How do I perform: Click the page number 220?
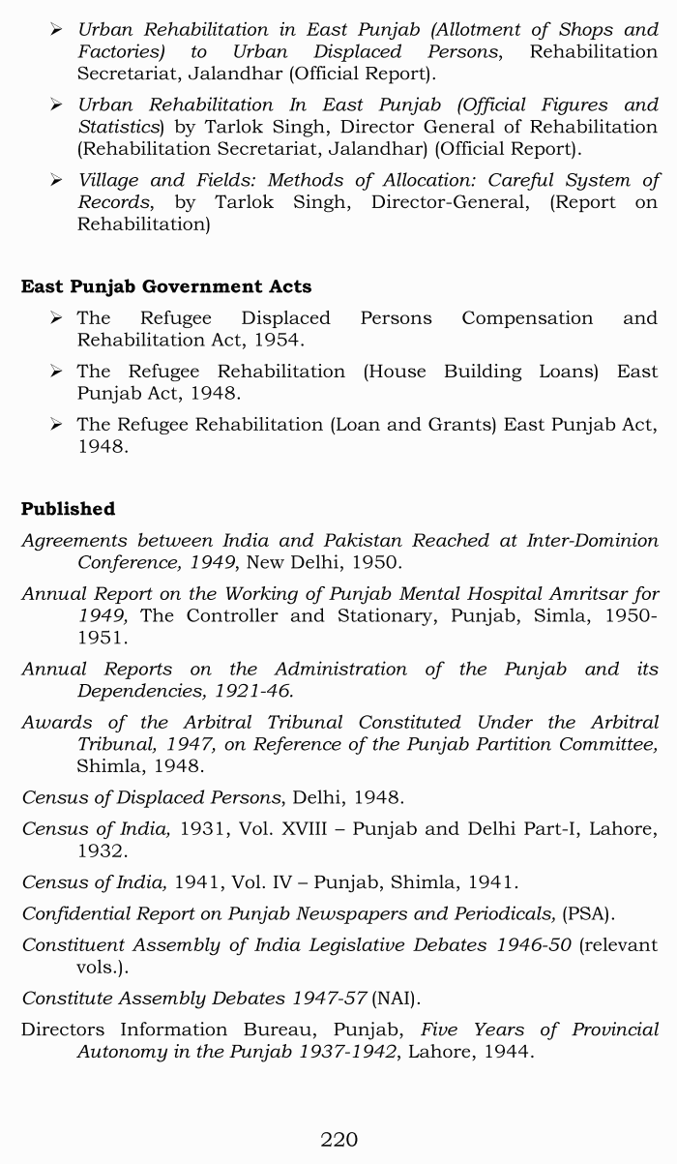pyautogui.click(x=338, y=1139)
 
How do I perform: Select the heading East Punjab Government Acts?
pyautogui.click(x=166, y=286)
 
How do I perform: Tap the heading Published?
pyautogui.click(x=68, y=509)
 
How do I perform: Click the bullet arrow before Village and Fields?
pyautogui.click(x=57, y=180)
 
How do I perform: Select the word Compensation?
pyautogui.click(x=527, y=318)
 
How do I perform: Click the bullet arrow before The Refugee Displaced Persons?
pyautogui.click(x=57, y=318)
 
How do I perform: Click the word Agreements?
pyautogui.click(x=74, y=541)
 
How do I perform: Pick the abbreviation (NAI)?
pyautogui.click(x=395, y=998)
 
